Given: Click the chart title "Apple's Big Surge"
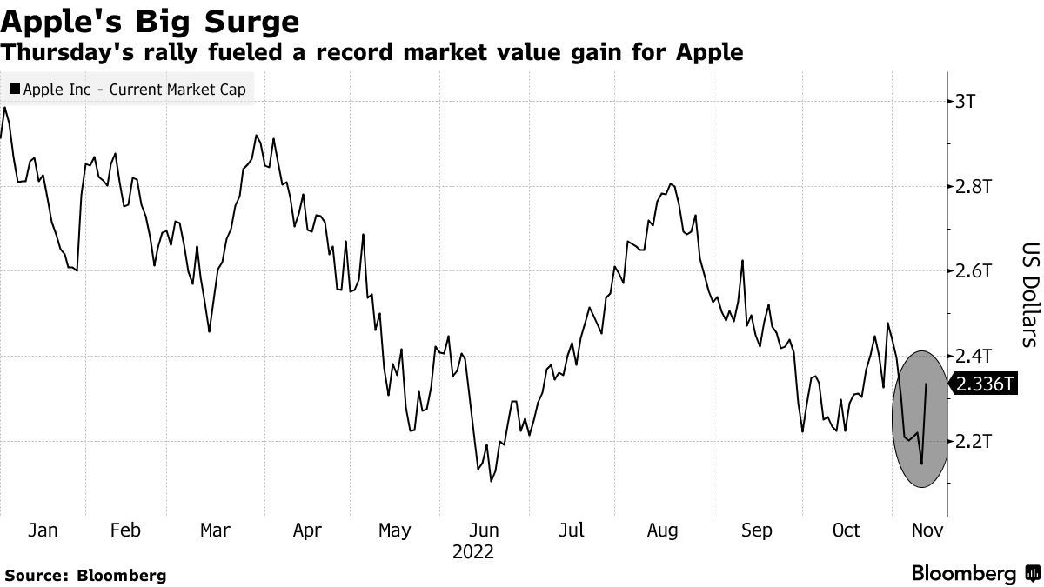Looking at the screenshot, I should point(151,20).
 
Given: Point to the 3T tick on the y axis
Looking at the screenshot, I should point(966,101).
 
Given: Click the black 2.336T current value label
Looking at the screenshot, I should point(984,384).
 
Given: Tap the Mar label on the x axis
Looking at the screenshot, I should point(214,530).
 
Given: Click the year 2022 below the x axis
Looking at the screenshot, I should point(472,552).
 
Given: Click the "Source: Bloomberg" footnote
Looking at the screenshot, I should point(84,575).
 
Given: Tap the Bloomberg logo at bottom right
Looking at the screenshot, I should point(974,574).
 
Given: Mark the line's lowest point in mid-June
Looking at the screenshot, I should point(492,481).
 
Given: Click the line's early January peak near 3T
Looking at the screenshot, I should point(5,108).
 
